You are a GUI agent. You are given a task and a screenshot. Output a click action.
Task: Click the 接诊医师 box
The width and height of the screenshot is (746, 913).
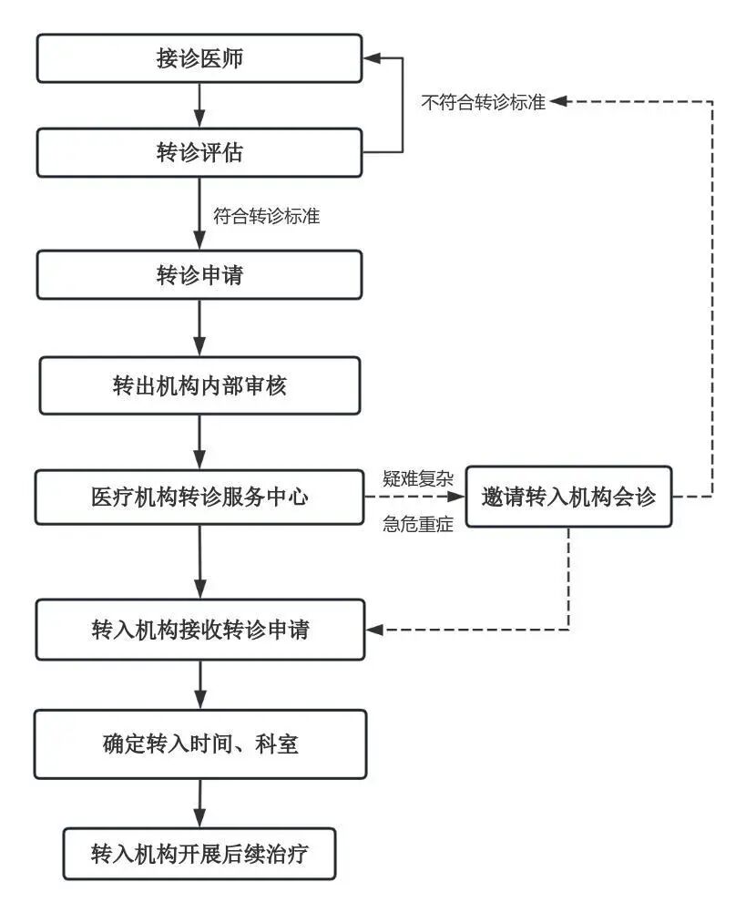pyautogui.click(x=199, y=59)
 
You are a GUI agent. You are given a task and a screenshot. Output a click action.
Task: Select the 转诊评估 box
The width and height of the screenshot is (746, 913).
pyautogui.click(x=199, y=152)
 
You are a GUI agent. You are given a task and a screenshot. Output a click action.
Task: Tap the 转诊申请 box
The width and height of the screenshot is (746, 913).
pyautogui.click(x=199, y=275)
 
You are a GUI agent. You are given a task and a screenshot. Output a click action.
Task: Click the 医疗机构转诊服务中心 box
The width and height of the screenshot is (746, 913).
pyautogui.click(x=199, y=498)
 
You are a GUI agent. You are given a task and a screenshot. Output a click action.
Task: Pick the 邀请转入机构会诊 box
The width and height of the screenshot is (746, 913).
pyautogui.click(x=568, y=498)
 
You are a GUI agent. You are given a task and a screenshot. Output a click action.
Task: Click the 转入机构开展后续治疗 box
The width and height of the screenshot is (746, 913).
pyautogui.click(x=199, y=854)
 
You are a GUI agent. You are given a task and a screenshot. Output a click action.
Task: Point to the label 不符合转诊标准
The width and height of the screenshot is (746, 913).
pyautogui.click(x=483, y=103)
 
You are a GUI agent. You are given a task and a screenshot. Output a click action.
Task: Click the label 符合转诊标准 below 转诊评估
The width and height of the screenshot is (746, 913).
pyautogui.click(x=266, y=217)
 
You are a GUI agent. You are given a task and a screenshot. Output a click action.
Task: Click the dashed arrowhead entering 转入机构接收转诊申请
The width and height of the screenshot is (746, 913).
pyautogui.click(x=373, y=630)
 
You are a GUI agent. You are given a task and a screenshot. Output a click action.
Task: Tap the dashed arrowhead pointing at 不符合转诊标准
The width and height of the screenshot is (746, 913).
pyautogui.click(x=558, y=102)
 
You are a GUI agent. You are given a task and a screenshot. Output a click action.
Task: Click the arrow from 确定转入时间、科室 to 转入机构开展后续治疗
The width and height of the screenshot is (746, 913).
pyautogui.click(x=199, y=803)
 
